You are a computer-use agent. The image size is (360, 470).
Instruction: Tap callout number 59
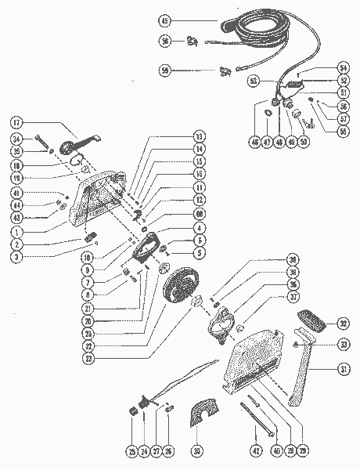pyautogui.click(x=164, y=70)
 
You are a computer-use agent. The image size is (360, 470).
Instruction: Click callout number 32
pyautogui.click(x=342, y=323)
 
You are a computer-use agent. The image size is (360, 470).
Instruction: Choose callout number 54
pyautogui.click(x=342, y=68)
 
